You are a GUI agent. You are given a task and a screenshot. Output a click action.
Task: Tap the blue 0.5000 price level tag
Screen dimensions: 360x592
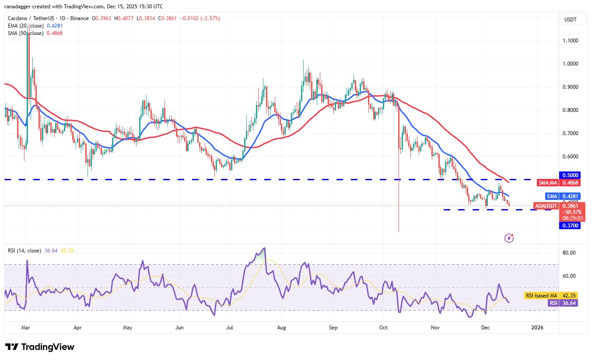pos(569,175)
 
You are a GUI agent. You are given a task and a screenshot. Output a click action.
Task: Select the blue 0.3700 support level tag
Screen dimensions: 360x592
pos(569,225)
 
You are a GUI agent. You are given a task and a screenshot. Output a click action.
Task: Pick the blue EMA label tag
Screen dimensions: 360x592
pos(552,196)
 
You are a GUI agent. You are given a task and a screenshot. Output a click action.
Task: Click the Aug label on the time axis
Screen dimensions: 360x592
pos(282,327)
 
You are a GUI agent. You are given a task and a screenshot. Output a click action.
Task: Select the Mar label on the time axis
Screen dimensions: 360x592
pos(25,327)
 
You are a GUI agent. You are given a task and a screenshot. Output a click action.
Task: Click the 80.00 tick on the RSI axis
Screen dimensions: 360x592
pos(569,253)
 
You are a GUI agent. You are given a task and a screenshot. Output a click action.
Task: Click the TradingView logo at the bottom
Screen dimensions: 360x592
pos(40,347)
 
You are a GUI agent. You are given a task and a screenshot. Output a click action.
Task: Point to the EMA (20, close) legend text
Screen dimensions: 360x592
pos(25,26)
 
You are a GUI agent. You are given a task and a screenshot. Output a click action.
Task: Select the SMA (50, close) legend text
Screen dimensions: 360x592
pos(25,33)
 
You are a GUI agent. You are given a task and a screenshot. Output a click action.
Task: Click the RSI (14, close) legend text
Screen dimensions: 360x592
pos(25,251)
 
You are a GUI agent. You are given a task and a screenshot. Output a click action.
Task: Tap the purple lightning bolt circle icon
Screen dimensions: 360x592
pos(509,238)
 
